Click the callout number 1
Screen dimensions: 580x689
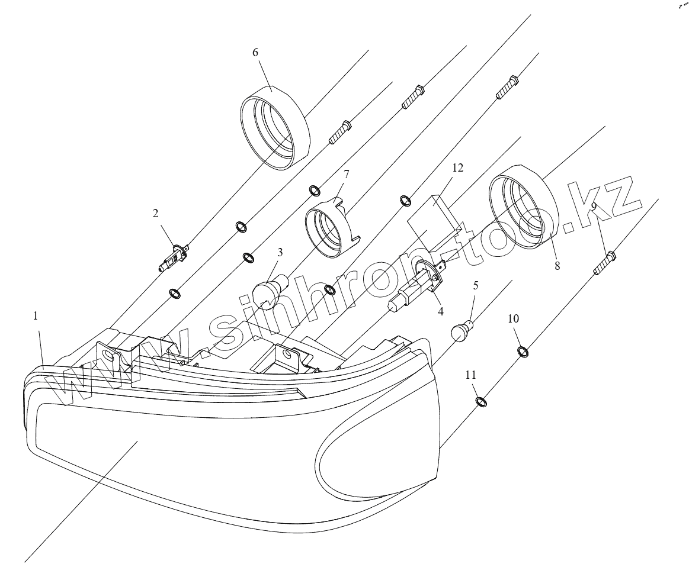click(36, 317)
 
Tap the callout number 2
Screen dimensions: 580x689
click(156, 214)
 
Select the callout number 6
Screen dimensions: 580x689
click(255, 52)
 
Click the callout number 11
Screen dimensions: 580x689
click(470, 375)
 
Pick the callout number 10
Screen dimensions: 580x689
click(513, 318)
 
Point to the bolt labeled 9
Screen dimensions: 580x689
click(604, 263)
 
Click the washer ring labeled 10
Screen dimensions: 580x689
click(524, 352)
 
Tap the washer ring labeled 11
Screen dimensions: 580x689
click(482, 402)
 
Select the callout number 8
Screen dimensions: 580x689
click(557, 266)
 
